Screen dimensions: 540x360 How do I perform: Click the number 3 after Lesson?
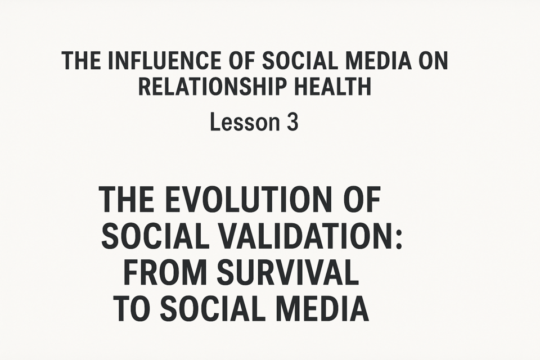point(292,122)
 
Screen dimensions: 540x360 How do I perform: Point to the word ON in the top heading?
point(433,60)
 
